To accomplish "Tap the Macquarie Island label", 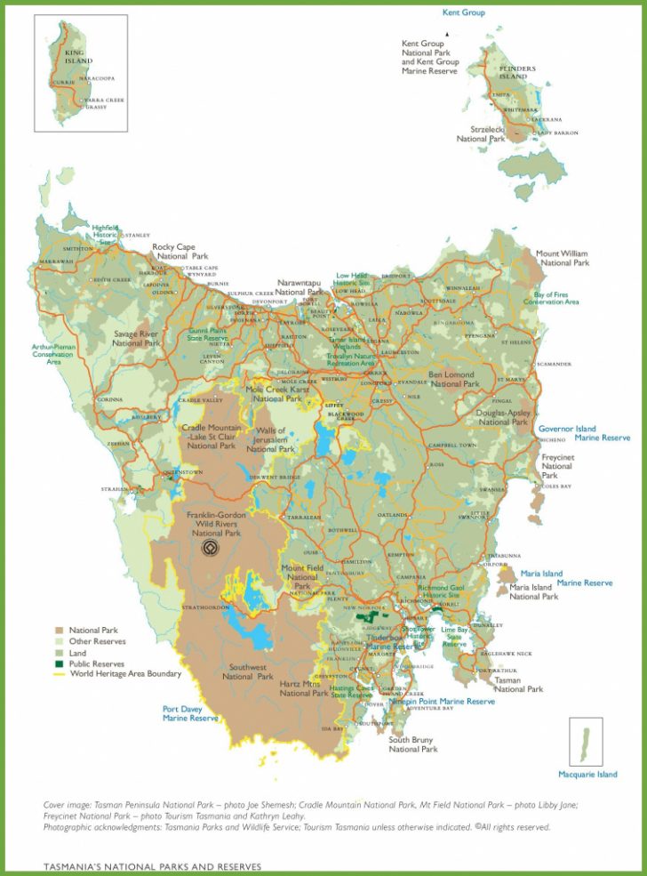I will [594, 774].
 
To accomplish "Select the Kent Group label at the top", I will [463, 12].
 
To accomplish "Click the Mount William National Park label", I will [561, 258].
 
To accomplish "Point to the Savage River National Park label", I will [136, 338].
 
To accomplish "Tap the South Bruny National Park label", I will [413, 744].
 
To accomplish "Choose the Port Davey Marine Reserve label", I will [190, 713].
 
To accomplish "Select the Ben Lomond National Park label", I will [453, 380].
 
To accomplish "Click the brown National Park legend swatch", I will [60, 630].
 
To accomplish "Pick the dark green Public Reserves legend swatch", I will [60, 663].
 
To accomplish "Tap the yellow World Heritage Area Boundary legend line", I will [60, 675].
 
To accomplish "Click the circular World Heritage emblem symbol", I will [211, 549].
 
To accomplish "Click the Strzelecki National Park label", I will [481, 134].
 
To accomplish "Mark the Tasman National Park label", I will [519, 684].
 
